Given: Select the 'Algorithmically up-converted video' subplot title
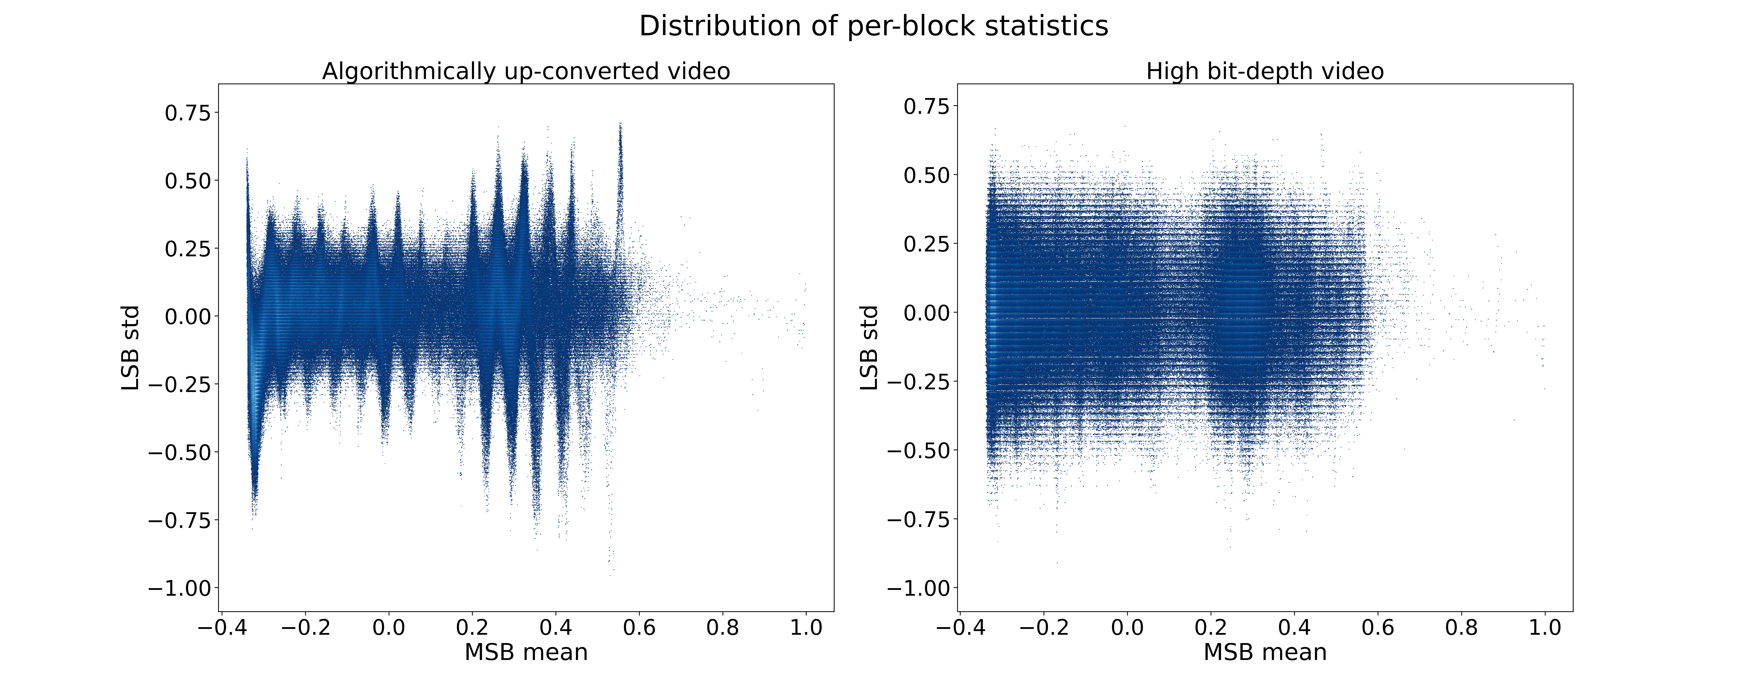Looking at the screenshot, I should click(x=526, y=71).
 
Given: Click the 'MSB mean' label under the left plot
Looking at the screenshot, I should click(x=526, y=652).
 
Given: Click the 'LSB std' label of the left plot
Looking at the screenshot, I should click(x=130, y=348).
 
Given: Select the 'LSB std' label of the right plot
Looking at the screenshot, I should click(x=869, y=348).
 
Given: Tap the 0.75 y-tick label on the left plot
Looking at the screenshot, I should click(x=188, y=113).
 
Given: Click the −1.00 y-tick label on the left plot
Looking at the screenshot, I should click(x=180, y=588).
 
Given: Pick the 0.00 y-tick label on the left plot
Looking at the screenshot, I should click(x=188, y=316).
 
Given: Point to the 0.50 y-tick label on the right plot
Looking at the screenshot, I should click(x=927, y=175).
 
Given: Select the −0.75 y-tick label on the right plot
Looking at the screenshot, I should click(x=919, y=519).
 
